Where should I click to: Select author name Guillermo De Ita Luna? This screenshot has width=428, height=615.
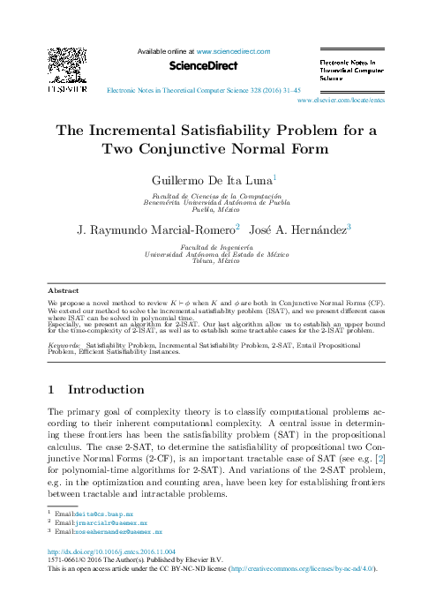(213, 179)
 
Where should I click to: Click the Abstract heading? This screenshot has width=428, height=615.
(64, 289)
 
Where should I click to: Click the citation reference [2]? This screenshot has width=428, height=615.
(380, 459)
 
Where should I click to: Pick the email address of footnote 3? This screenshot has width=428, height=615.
(117, 532)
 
